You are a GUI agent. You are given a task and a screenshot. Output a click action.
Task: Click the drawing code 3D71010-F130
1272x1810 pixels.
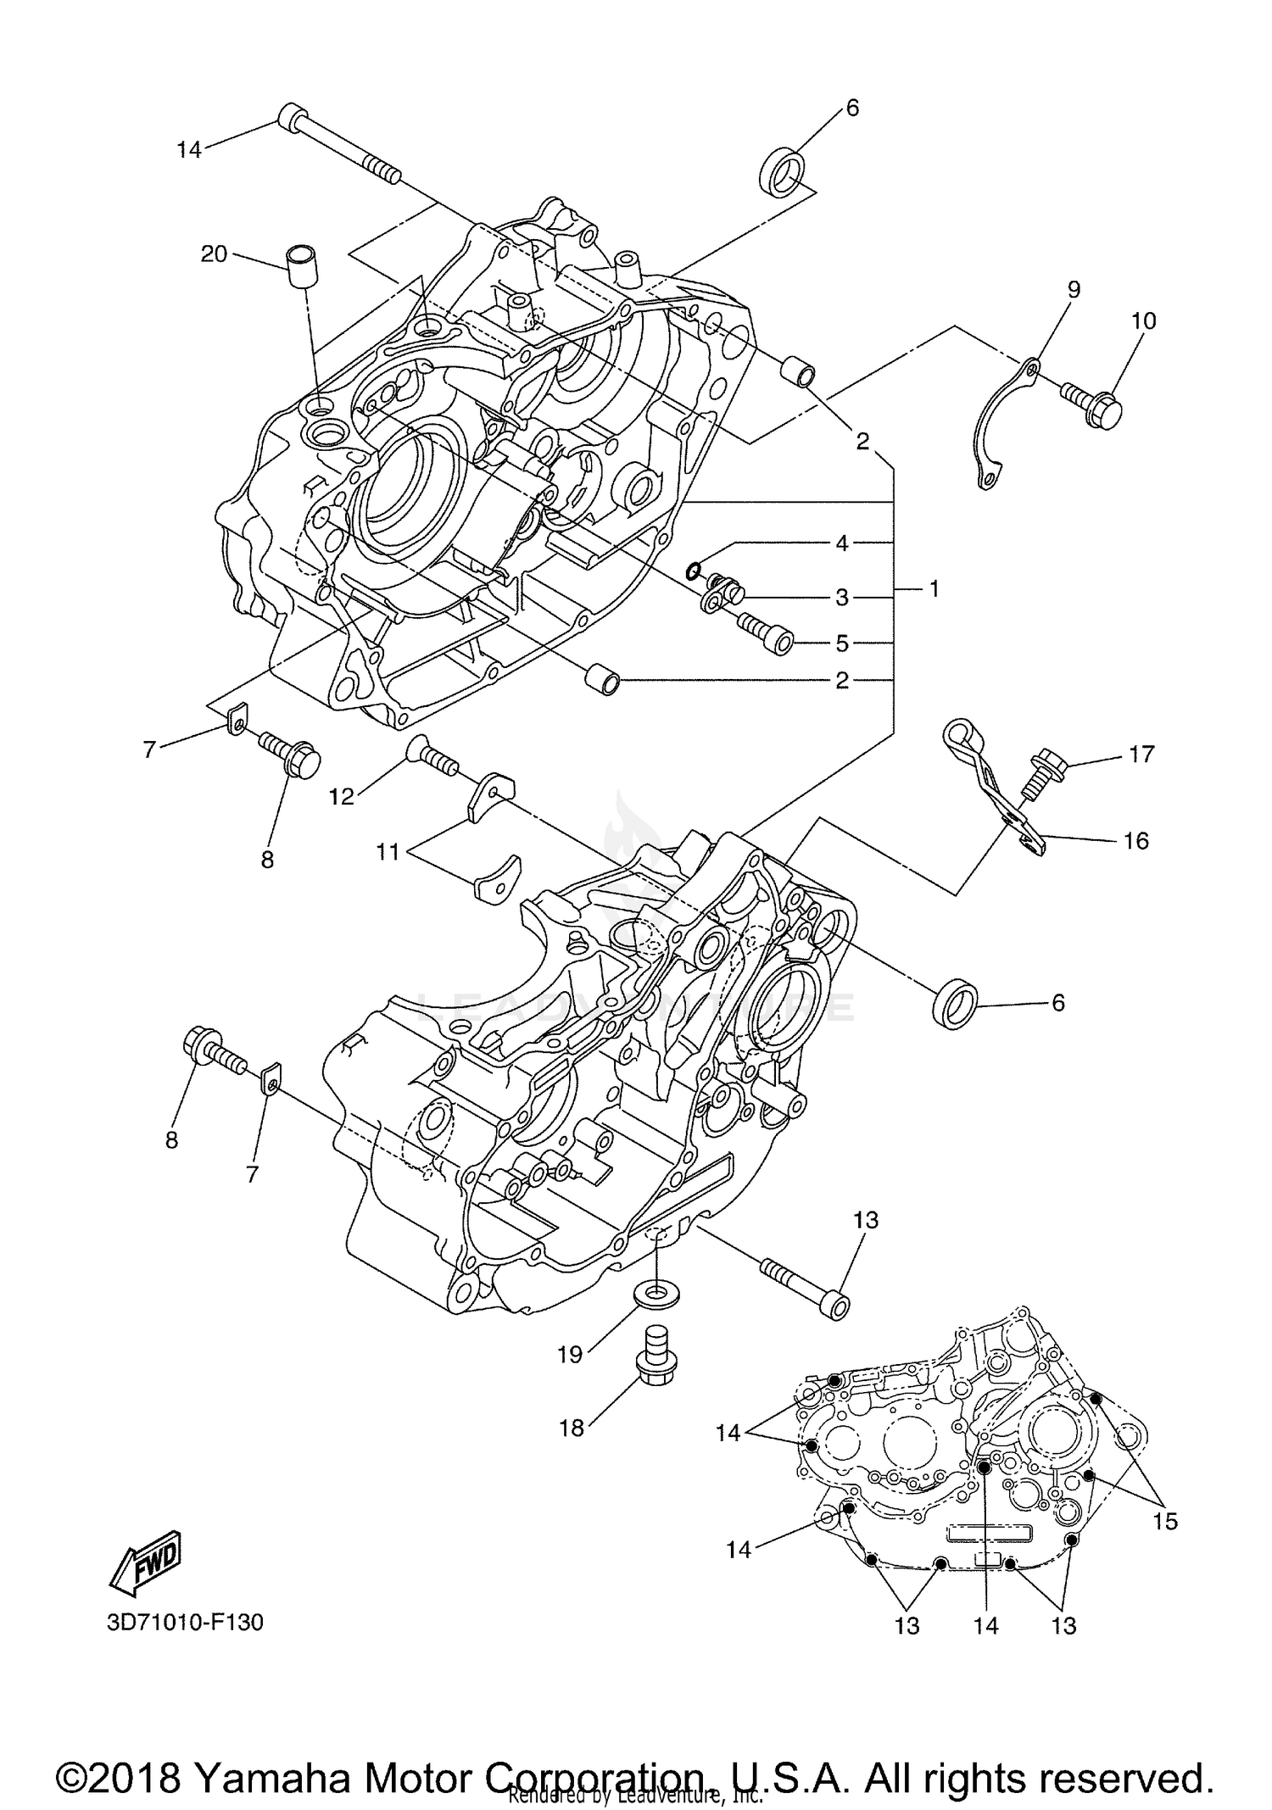click(185, 1622)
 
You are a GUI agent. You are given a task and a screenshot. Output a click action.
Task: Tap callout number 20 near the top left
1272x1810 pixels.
click(214, 253)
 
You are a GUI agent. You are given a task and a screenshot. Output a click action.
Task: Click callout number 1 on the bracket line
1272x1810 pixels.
click(934, 588)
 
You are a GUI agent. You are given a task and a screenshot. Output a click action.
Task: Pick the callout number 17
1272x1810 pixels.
click(1141, 753)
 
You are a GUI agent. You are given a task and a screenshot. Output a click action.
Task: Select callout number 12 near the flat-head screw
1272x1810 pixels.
click(342, 797)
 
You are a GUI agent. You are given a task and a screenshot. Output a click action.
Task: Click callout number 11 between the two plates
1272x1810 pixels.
click(388, 850)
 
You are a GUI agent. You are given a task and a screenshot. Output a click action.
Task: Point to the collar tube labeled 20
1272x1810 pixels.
click(301, 266)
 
